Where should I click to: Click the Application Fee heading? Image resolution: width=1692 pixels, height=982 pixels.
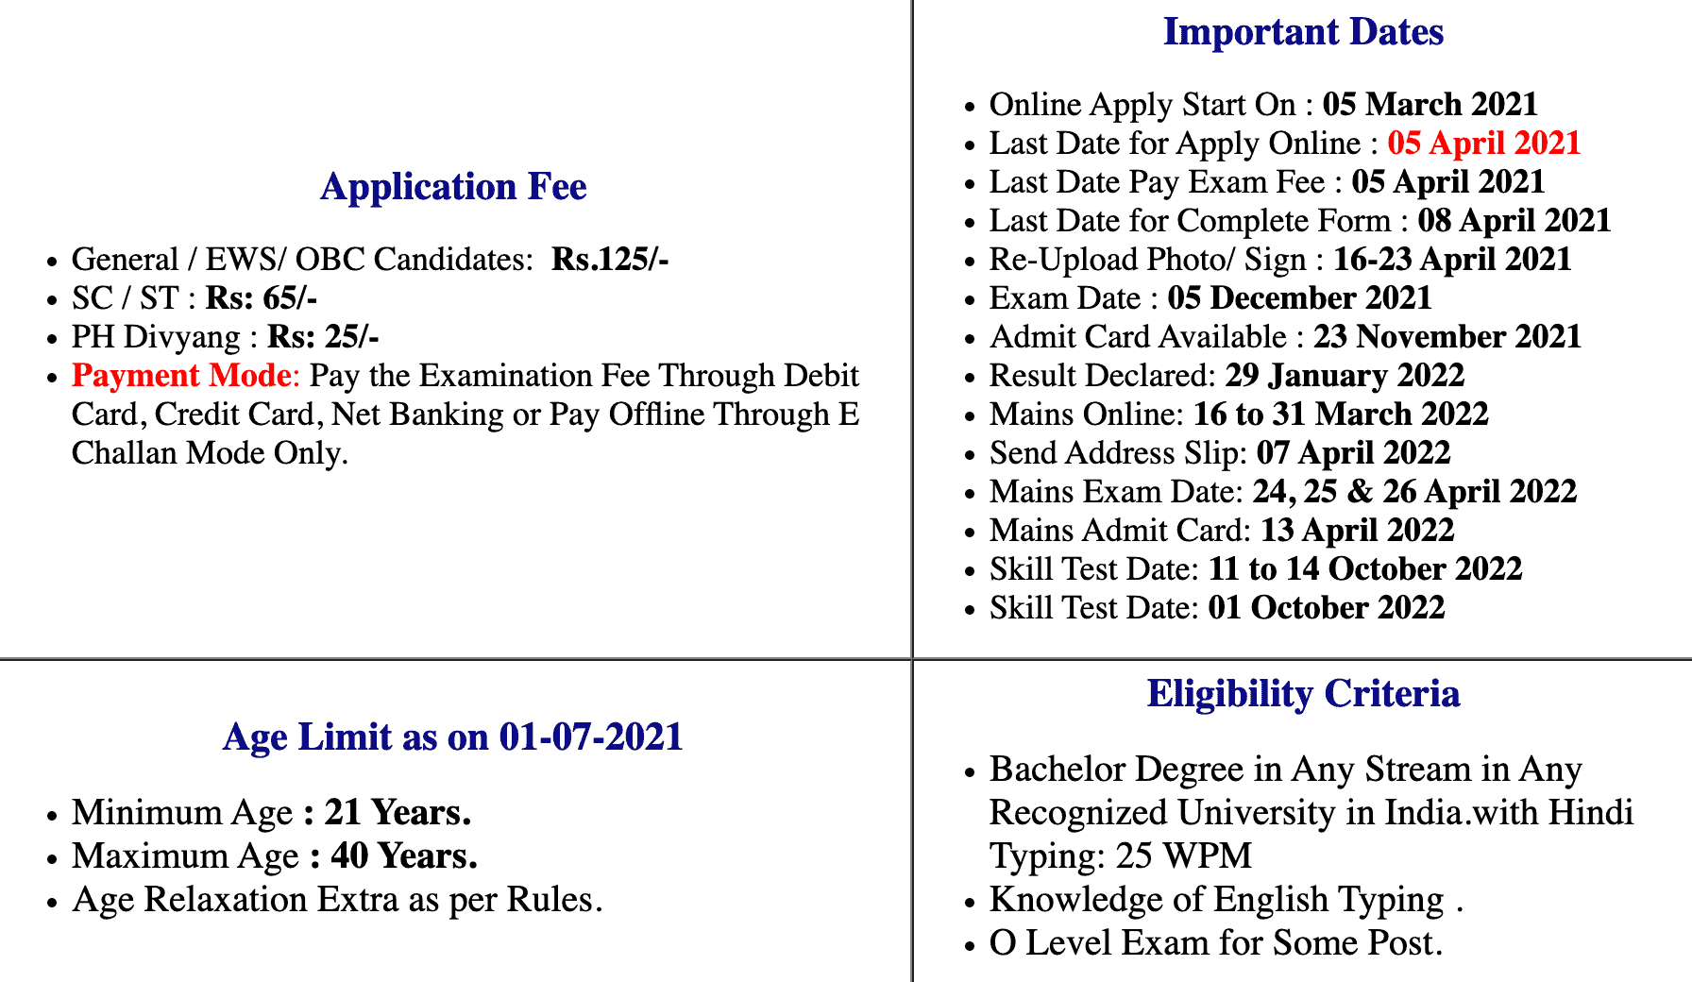[453, 187]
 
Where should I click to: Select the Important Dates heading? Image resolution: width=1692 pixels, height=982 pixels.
[1303, 32]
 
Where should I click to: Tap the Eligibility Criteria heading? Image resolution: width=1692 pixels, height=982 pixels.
[1303, 694]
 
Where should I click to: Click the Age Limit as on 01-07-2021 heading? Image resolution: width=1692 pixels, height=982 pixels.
[453, 737]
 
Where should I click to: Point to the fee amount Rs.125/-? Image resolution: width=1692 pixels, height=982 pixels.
[610, 260]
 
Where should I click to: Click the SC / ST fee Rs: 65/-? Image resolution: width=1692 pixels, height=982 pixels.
[262, 298]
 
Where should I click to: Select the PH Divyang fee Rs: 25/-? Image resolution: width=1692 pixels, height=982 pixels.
[323, 337]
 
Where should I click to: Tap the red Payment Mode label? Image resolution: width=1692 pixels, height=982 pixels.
[181, 376]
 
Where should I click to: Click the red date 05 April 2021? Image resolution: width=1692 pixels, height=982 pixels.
[1483, 144]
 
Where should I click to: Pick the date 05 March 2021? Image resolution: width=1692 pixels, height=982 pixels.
[1430, 105]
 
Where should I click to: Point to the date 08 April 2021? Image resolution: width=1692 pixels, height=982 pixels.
[1514, 221]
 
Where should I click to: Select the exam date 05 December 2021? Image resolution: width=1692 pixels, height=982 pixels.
[1299, 298]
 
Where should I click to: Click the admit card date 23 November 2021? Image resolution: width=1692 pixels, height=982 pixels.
[1447, 337]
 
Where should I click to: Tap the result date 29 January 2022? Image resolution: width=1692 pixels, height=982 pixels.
[1345, 376]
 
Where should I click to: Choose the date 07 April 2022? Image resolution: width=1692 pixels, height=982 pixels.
[1353, 453]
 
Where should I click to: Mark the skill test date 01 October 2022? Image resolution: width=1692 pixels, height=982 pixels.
[1326, 608]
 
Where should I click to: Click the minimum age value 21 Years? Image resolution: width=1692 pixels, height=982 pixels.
[398, 813]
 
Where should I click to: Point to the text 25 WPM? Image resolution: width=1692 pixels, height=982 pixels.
[1183, 856]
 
